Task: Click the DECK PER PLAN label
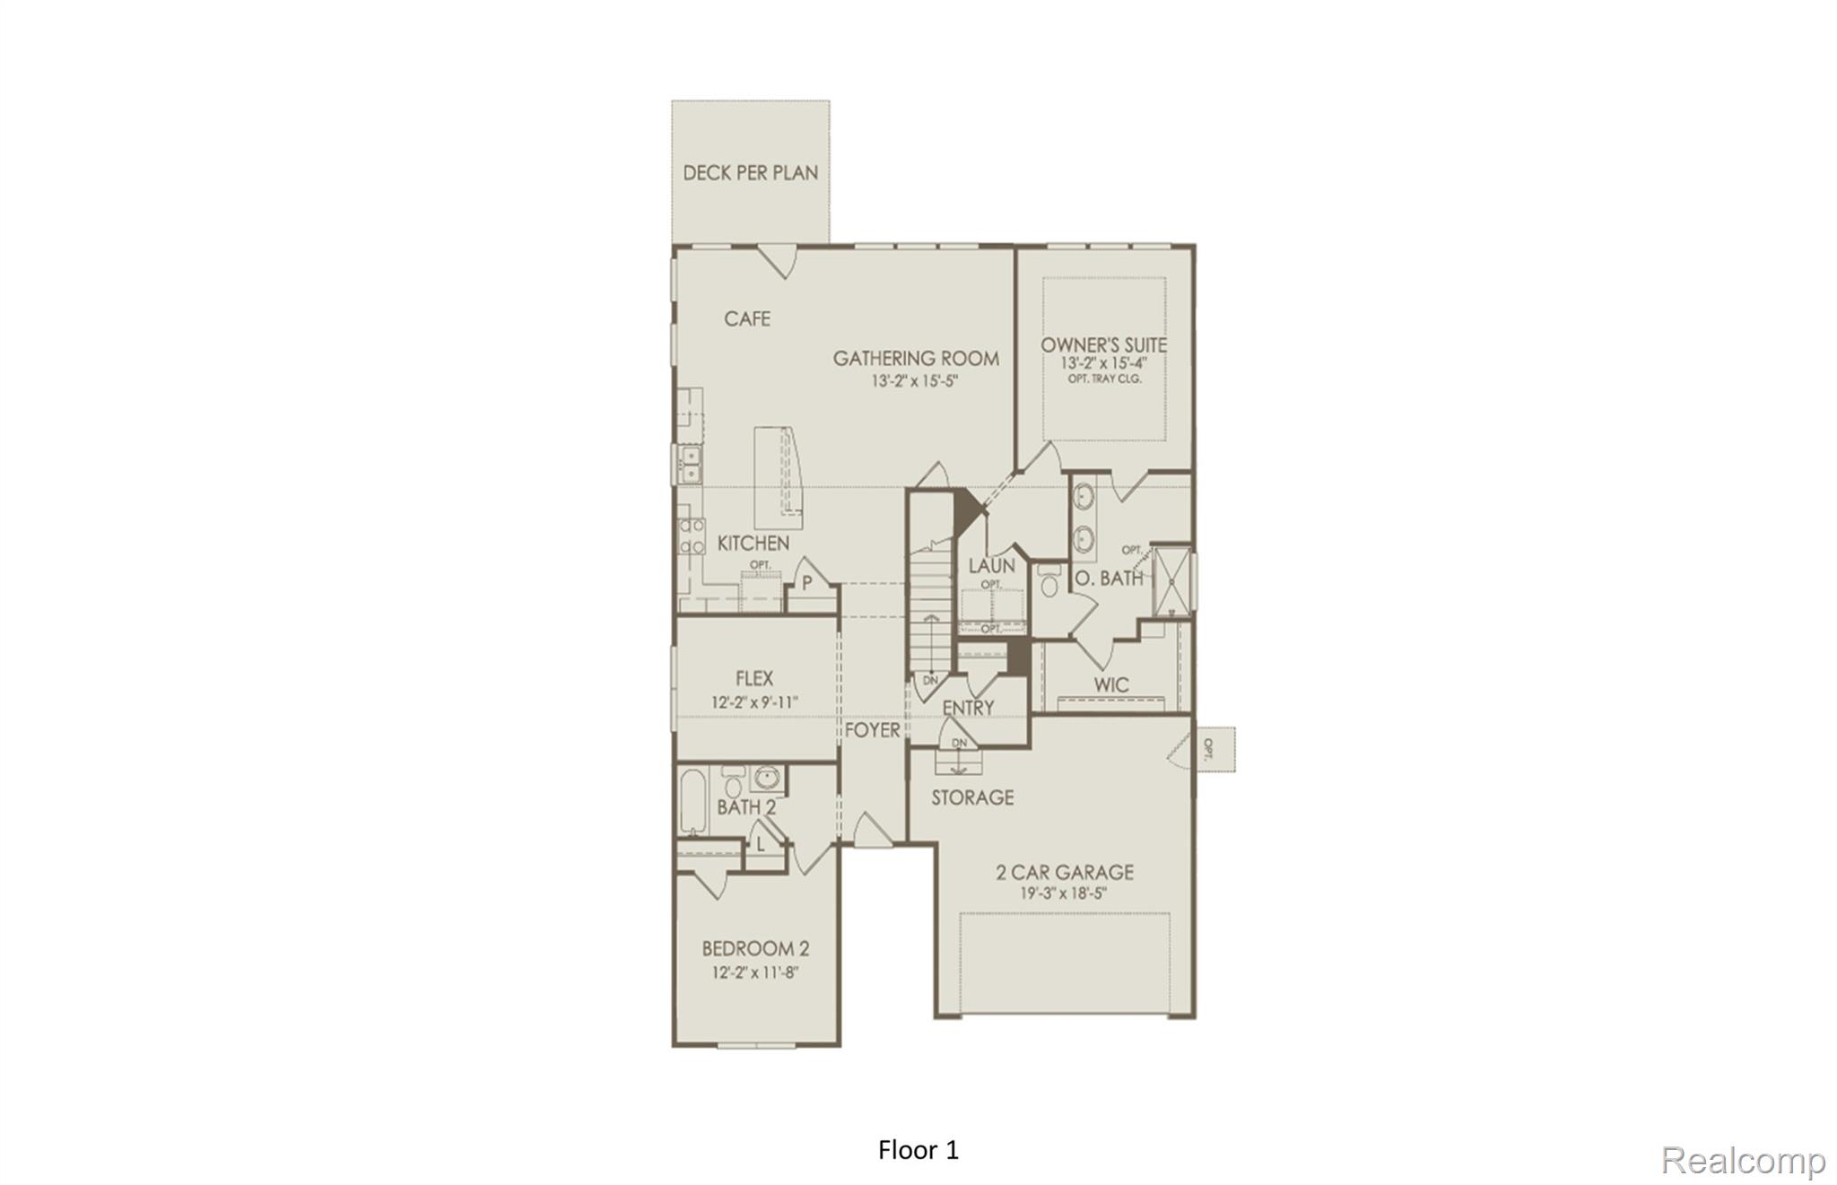[x=750, y=172]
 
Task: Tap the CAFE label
[x=746, y=318]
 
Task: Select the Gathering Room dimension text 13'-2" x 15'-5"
[x=915, y=380]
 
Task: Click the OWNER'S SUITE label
[x=1103, y=344]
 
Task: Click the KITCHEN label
[x=753, y=543]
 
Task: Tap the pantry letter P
[x=806, y=583]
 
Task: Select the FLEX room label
[x=753, y=678]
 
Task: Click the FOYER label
[x=872, y=730]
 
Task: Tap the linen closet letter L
[x=761, y=843]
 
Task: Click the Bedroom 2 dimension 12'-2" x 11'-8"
[x=754, y=972]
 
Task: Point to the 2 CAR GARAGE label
[x=1064, y=871]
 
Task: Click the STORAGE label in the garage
[x=971, y=797]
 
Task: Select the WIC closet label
[x=1110, y=684]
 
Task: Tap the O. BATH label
[x=1109, y=579]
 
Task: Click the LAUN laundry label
[x=991, y=566]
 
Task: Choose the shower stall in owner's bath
[x=1171, y=579]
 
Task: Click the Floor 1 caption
[x=918, y=1150]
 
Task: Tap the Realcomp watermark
[x=1742, y=1160]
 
